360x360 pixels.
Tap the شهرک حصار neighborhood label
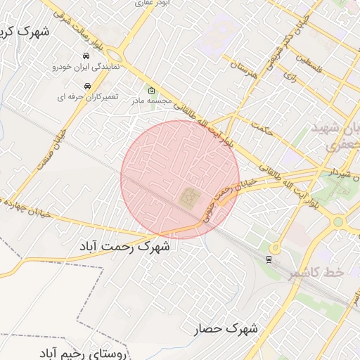(226, 328)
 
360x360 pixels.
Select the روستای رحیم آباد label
(91, 351)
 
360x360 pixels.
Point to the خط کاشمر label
(314, 272)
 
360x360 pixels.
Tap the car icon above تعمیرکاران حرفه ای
(86, 86)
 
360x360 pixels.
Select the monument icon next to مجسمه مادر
(151, 90)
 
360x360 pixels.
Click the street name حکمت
(260, 128)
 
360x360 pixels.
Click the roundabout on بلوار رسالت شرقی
(115, 56)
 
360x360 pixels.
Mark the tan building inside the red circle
(189, 198)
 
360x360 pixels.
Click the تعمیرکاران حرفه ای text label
(86, 97)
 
